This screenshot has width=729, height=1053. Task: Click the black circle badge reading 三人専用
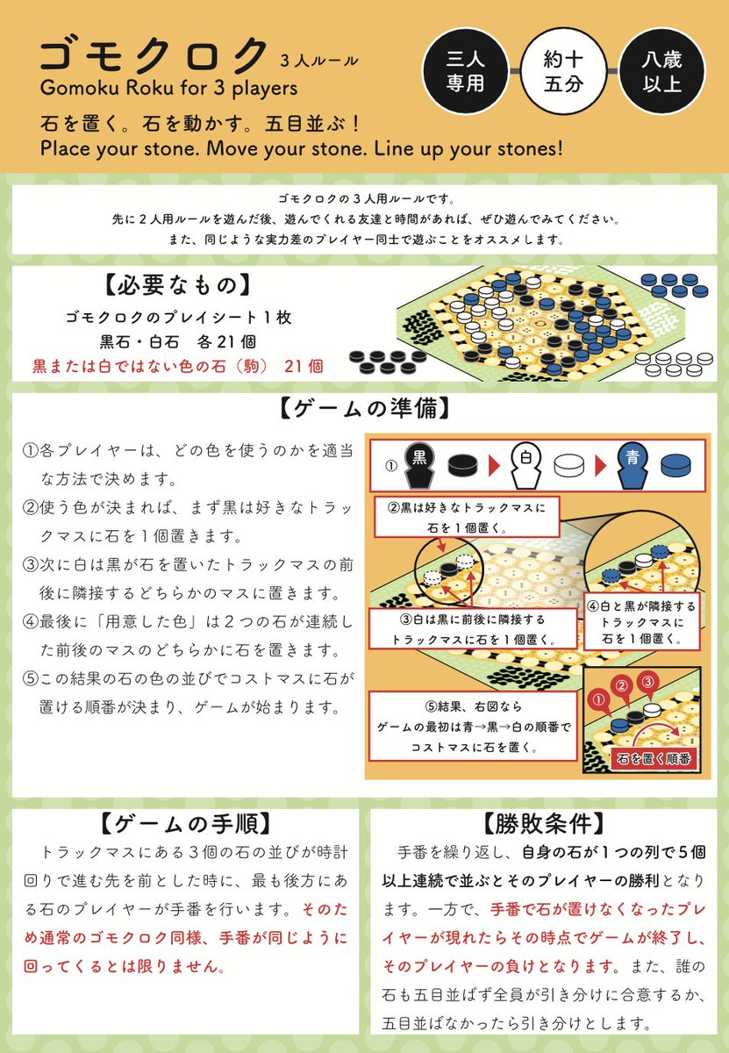coord(465,73)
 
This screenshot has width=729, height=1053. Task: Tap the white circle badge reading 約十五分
coord(564,73)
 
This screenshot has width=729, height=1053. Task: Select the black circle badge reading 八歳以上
coord(662,73)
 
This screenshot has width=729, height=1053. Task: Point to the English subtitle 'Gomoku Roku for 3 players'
coord(168,88)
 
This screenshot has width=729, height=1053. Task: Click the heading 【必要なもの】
coord(175,286)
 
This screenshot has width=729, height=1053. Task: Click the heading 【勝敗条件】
coord(544,825)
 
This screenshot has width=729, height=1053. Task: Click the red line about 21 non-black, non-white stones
coord(178,364)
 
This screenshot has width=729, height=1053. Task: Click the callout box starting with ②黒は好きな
coord(467,517)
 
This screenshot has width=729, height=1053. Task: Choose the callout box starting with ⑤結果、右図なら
coord(474,727)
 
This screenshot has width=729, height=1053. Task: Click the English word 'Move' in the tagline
coord(240,147)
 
